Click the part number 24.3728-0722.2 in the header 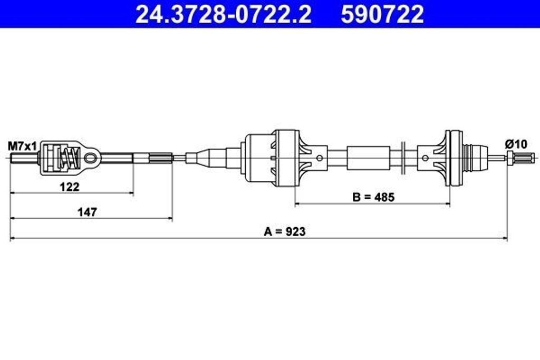223,14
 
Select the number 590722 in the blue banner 382,14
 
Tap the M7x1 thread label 22,147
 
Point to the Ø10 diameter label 516,144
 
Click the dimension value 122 70,187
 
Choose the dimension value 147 87,212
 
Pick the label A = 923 284,231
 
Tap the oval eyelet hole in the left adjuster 91,158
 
